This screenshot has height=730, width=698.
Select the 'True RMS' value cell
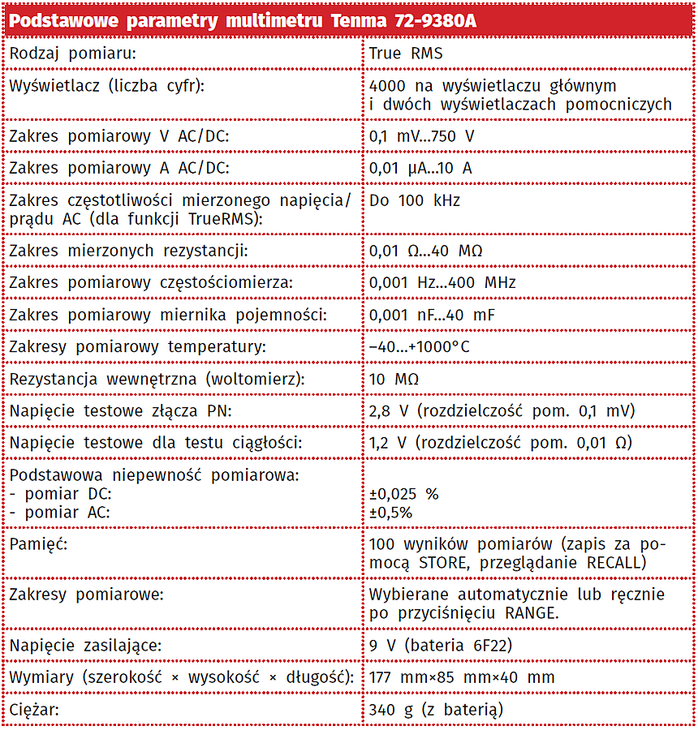[405, 54]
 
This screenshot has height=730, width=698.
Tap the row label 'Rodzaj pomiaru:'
[71, 54]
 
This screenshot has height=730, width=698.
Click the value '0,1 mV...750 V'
[421, 136]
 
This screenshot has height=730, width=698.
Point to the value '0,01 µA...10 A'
[420, 168]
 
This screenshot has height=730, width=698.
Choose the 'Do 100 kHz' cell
[414, 200]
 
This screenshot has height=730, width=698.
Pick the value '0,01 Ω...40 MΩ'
[425, 251]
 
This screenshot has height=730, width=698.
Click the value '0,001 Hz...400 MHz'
[442, 282]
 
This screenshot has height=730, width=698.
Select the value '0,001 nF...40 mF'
[432, 315]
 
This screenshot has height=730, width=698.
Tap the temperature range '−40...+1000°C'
[420, 346]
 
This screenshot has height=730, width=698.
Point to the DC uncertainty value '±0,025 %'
[403, 494]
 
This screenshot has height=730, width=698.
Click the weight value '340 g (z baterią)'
[436, 710]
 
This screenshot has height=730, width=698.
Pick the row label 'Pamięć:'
[37, 544]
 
